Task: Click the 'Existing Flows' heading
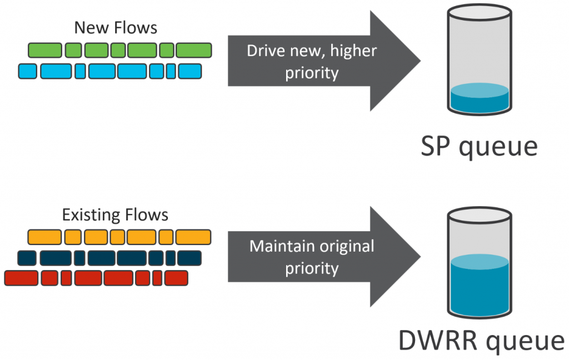pos(115,214)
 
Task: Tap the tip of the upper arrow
pos(419,61)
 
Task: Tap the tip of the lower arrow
pos(419,256)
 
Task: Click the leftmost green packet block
pos(45,51)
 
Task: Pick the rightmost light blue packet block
pos(189,71)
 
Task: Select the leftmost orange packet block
pos(44,237)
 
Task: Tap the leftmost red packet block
pos(21,277)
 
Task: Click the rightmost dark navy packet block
pos(189,258)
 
